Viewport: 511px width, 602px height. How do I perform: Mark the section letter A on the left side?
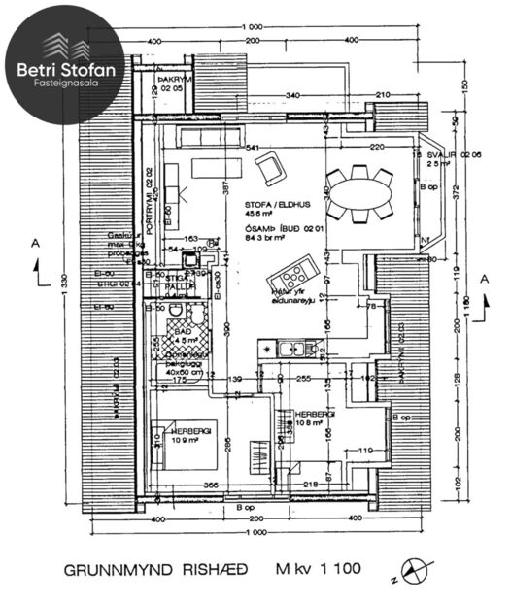tap(35, 243)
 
